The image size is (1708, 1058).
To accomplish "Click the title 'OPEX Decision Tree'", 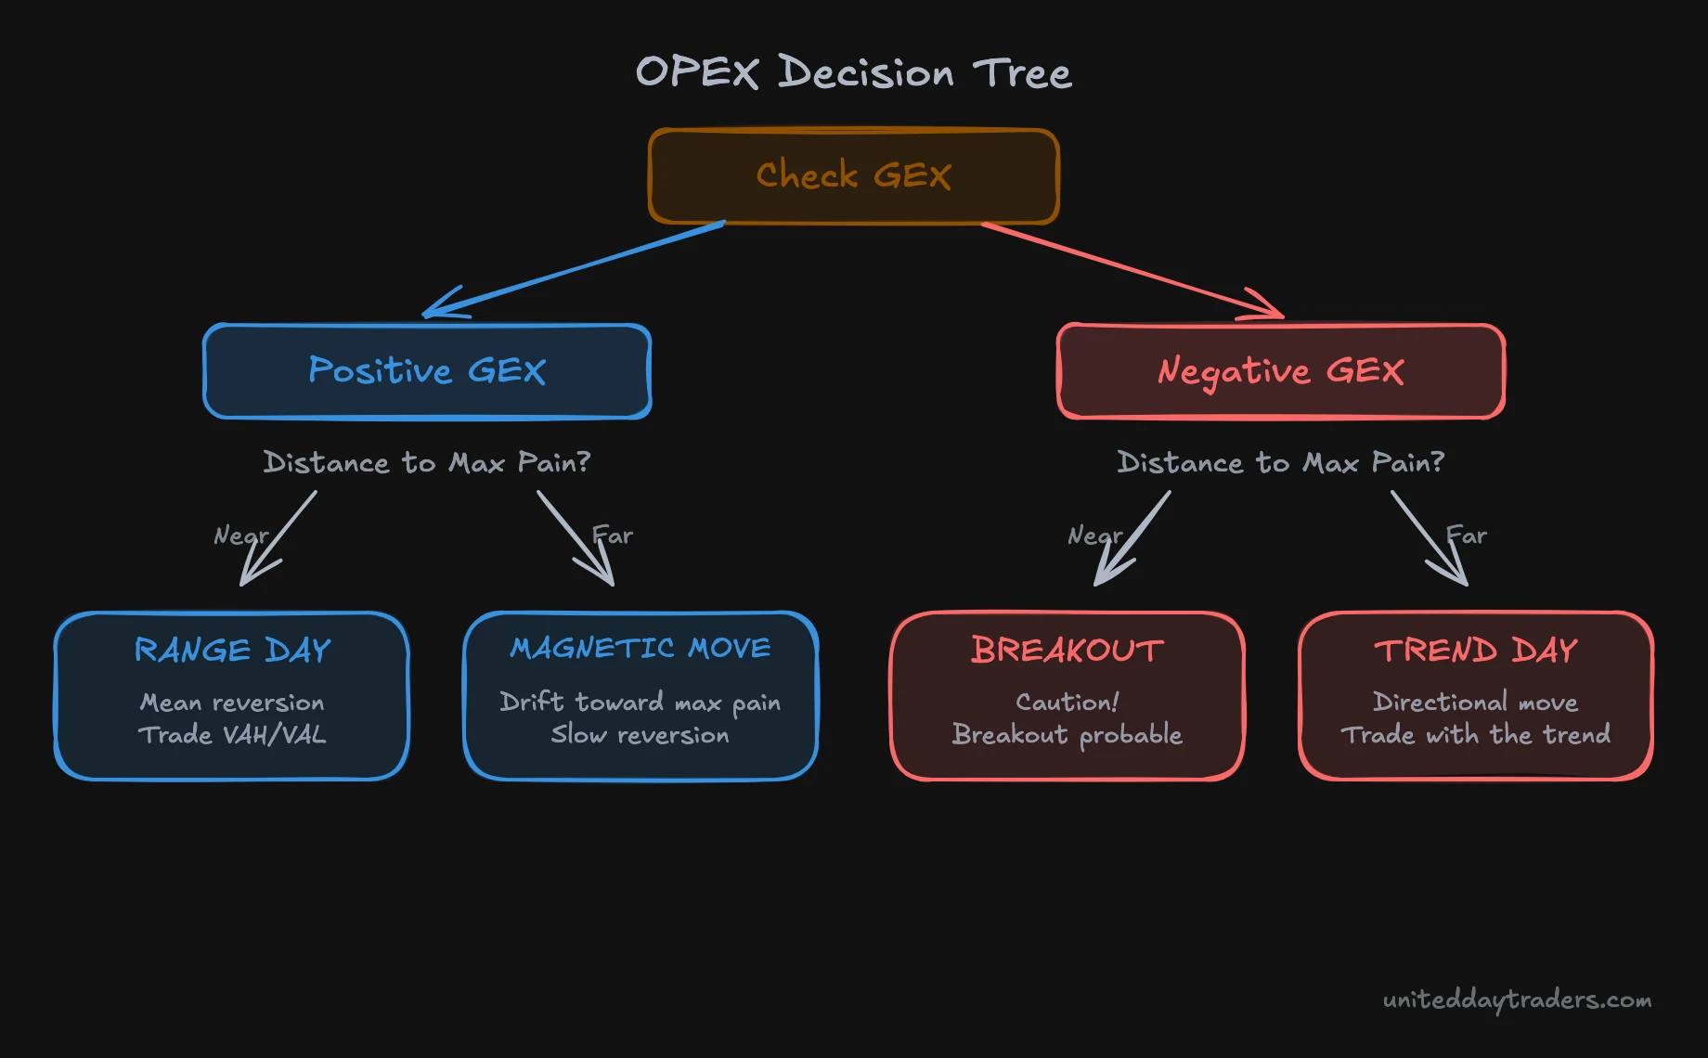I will [853, 72].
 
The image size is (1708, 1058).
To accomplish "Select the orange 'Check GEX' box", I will [853, 175].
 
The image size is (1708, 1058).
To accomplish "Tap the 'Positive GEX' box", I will [427, 370].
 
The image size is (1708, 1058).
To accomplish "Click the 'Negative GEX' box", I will [1280, 370].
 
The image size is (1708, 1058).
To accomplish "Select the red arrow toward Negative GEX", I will [1132, 269].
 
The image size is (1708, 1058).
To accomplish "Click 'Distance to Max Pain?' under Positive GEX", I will [427, 462].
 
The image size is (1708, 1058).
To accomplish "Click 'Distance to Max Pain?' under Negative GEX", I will [1280, 462].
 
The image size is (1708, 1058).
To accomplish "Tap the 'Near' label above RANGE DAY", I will [239, 535].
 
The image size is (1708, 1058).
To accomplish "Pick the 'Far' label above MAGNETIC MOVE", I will [614, 535].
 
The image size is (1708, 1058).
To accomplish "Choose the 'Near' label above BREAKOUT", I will [1093, 535].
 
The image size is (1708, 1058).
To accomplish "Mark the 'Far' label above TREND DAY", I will [1468, 535].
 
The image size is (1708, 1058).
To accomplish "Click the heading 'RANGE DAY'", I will [232, 650].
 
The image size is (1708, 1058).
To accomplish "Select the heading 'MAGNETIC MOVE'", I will [640, 648].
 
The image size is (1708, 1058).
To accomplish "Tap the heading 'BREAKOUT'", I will [1067, 650].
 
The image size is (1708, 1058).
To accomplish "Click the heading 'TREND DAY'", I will [1475, 650].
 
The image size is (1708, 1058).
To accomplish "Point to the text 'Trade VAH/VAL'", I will [232, 735].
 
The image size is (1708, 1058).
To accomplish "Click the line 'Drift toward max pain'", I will [640, 703].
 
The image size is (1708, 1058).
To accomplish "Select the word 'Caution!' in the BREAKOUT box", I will [1067, 702].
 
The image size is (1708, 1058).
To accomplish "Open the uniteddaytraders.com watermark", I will [1517, 1000].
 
